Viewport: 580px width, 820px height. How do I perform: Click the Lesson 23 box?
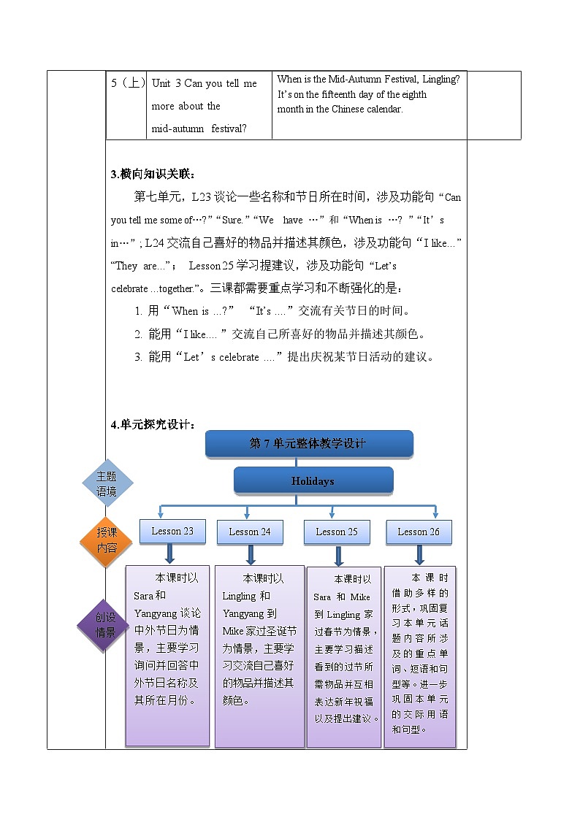coord(172,531)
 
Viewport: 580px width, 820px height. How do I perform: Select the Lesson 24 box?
coord(250,532)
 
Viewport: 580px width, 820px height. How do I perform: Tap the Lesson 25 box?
coord(337,532)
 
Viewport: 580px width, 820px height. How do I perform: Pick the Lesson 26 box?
coord(419,532)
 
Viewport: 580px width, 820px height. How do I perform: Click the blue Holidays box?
coord(313,481)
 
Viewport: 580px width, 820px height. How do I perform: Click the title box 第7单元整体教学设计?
coord(309,443)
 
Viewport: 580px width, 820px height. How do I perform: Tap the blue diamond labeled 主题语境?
coord(107,483)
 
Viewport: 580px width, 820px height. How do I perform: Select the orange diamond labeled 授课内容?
coord(107,540)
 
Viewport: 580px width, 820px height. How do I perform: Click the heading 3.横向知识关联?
coord(153,174)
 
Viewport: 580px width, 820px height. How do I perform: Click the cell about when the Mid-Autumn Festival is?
coord(368,94)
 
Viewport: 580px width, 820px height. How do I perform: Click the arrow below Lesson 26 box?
coord(419,556)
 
